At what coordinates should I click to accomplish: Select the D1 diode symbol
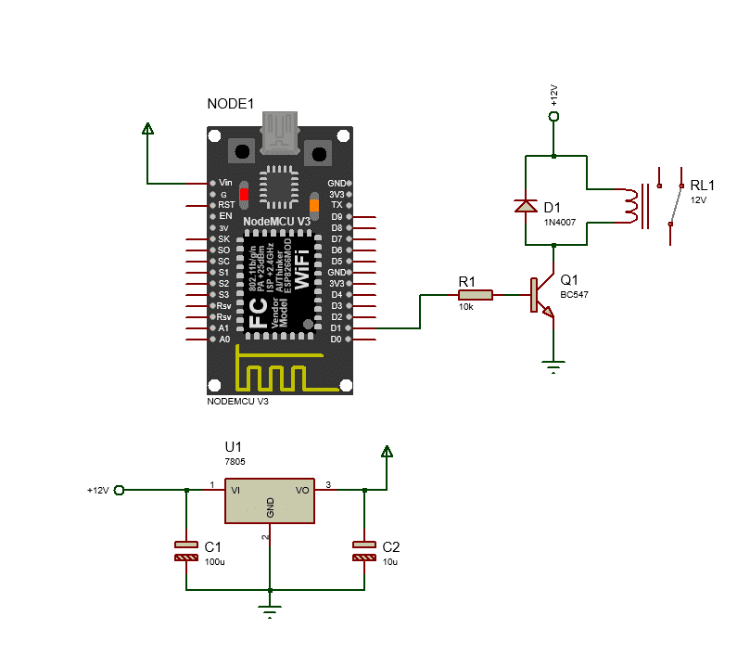[x=526, y=206]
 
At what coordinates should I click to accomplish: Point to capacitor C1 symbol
[x=186, y=551]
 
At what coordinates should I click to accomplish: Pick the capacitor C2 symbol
[x=363, y=551]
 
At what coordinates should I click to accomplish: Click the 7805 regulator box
[x=270, y=501]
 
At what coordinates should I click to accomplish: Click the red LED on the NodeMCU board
[x=244, y=195]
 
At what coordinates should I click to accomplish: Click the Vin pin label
[x=224, y=183]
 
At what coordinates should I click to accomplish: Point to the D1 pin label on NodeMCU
[x=336, y=328]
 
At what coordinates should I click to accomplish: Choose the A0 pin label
[x=223, y=340]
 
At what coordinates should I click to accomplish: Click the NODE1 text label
[x=230, y=104]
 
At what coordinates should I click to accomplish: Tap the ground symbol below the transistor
[x=553, y=367]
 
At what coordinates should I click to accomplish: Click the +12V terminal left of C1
[x=118, y=490]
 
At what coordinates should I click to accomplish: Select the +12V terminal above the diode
[x=553, y=116]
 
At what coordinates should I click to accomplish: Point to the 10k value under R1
[x=465, y=307]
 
